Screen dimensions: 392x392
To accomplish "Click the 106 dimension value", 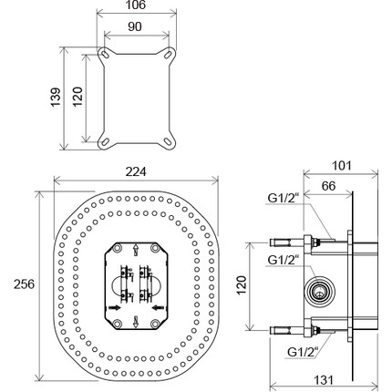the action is tap(135, 5).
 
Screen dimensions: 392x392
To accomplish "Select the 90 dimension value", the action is tap(135, 26).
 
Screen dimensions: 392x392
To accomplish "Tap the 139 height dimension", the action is tap(56, 98).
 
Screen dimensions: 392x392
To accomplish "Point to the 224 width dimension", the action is tap(136, 172).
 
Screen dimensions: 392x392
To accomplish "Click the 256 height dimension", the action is tap(25, 284).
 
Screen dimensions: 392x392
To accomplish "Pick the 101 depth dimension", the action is tap(341, 166).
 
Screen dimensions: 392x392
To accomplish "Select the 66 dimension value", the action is tap(328, 186).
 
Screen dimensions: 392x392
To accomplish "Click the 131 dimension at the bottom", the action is tap(324, 380).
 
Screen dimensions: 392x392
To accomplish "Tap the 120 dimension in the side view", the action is tap(242, 285).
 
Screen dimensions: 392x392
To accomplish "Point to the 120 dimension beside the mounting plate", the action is tap(77, 97).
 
